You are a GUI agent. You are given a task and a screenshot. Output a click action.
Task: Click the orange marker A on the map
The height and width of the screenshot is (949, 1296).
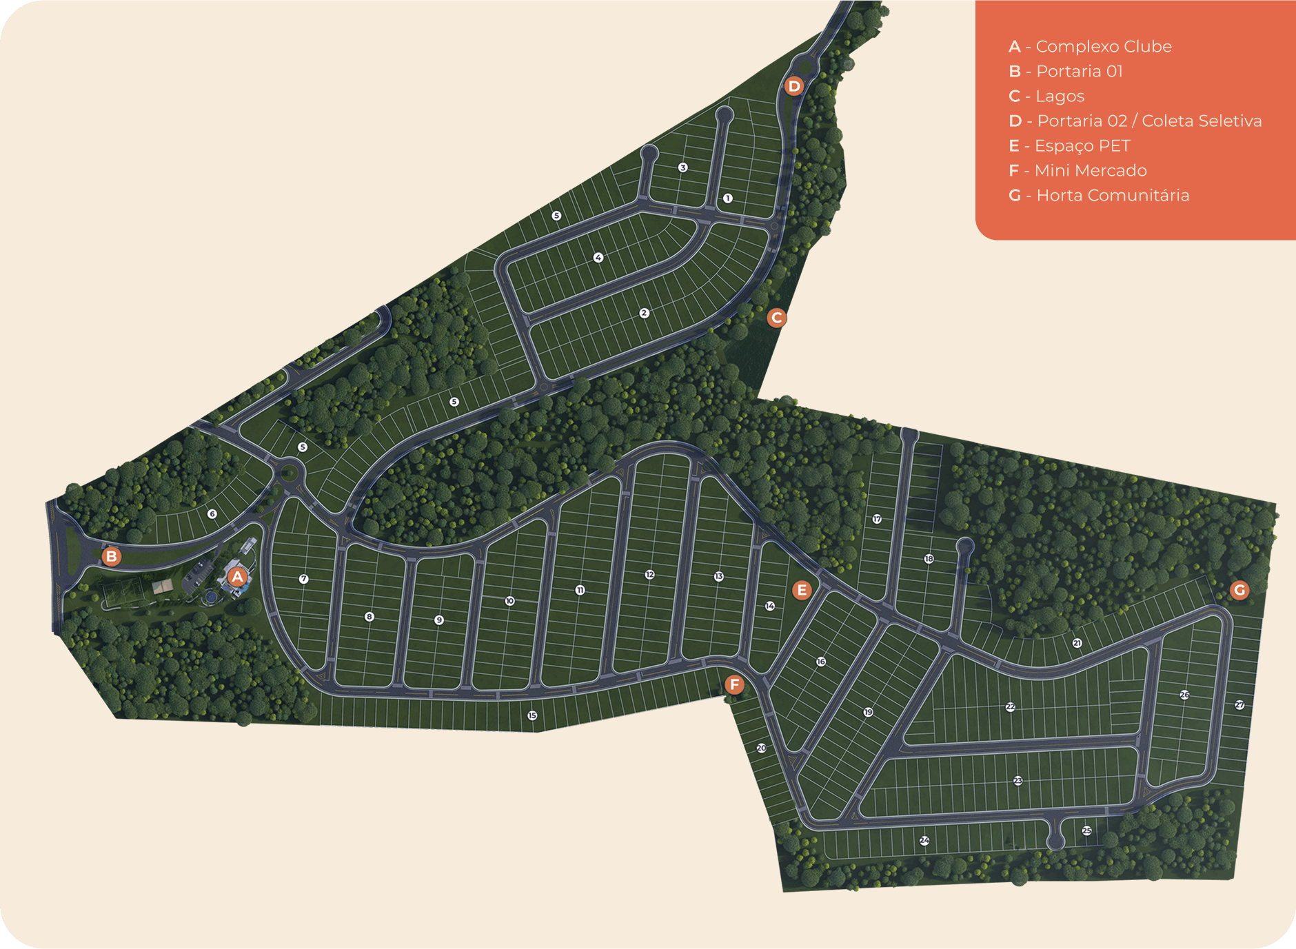(238, 577)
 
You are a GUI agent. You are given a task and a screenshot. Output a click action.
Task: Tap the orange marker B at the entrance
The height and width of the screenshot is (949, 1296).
(111, 556)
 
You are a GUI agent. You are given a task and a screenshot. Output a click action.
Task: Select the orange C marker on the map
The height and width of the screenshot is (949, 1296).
(777, 318)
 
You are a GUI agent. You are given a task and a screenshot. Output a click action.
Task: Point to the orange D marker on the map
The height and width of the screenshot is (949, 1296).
(794, 86)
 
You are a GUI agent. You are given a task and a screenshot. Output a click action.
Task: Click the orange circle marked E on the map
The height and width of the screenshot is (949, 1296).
(801, 590)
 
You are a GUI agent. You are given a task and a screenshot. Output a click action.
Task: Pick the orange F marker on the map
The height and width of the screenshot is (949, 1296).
(734, 684)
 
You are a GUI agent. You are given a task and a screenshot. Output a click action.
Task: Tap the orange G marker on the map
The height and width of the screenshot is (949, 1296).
(1239, 590)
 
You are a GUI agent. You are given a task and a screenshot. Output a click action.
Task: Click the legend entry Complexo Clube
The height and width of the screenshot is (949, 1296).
(1103, 47)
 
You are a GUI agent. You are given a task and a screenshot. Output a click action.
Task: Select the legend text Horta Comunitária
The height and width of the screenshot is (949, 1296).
(1112, 196)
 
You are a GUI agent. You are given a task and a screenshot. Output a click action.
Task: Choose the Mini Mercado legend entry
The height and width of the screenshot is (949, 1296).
(1090, 171)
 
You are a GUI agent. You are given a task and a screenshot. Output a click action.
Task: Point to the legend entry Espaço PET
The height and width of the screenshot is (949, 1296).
(1082, 146)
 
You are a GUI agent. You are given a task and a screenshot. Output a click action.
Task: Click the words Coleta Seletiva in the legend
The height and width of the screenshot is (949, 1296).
(1202, 121)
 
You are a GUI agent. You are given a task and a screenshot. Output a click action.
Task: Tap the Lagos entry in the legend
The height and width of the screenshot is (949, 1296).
(1060, 96)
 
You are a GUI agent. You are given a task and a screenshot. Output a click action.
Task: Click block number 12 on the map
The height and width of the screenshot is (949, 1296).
(649, 575)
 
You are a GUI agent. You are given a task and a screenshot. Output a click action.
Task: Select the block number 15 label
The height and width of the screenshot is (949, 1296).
(532, 715)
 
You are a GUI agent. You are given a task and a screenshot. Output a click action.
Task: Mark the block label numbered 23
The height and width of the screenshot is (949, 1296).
(1018, 781)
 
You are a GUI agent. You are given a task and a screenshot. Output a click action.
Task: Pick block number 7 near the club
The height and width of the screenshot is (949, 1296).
(303, 579)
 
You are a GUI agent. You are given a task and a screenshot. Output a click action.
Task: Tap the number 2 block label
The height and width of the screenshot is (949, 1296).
(644, 313)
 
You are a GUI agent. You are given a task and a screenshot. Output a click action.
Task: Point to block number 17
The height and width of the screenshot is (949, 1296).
(877, 519)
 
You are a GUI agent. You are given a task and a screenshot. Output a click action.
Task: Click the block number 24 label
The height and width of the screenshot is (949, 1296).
(924, 841)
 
